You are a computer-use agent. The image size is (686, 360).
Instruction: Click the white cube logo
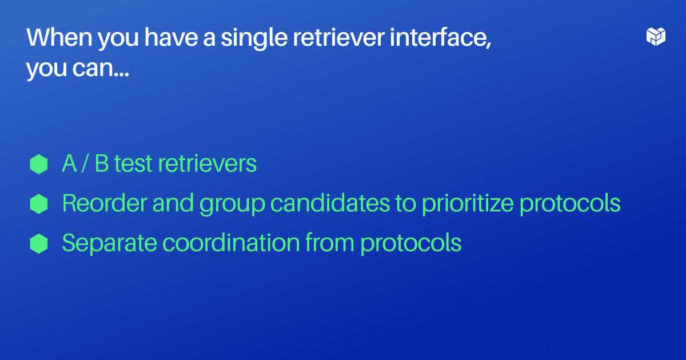click(x=656, y=36)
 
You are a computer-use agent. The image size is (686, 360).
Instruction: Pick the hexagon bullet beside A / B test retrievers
click(x=38, y=164)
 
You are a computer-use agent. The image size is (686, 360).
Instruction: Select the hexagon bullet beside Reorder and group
click(x=38, y=203)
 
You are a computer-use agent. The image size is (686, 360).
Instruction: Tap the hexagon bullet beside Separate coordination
click(x=38, y=243)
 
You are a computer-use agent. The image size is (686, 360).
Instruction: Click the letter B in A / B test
click(x=102, y=164)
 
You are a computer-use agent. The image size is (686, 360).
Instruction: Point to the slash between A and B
click(x=85, y=164)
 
